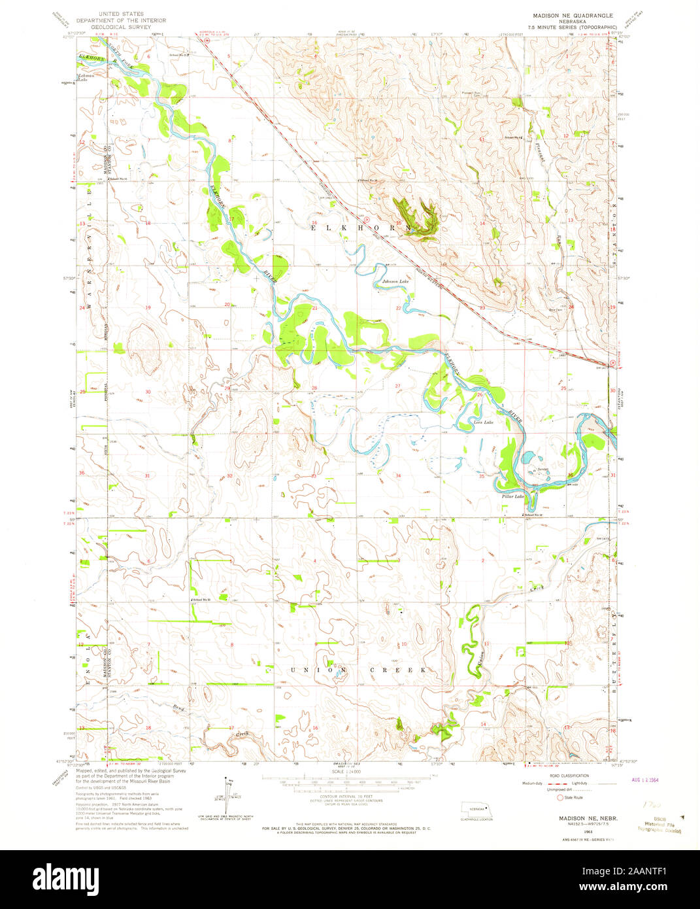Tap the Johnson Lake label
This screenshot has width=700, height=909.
point(396,282)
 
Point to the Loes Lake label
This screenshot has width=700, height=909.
point(483,423)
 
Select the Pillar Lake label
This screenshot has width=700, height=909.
point(513,497)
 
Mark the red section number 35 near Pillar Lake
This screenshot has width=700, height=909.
point(482,476)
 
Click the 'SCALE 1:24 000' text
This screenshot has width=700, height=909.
point(348,773)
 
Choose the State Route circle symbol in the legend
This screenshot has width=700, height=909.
point(559,797)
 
